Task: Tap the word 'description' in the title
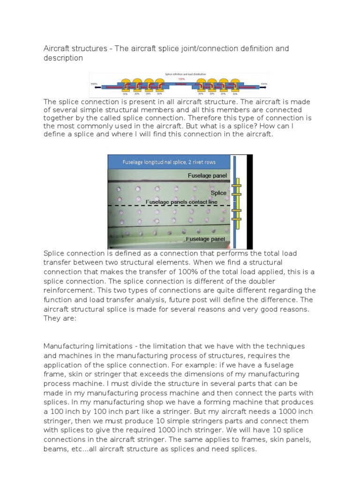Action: tap(63, 58)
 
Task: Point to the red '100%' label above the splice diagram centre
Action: tap(180, 79)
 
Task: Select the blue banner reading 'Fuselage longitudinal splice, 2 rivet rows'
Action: tap(169, 162)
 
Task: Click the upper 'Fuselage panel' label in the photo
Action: tap(207, 176)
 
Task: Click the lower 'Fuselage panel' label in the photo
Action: tap(207, 239)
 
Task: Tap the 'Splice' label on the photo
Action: tap(218, 193)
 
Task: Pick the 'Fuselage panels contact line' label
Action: tap(186, 202)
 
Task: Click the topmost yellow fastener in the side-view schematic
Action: tap(238, 180)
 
